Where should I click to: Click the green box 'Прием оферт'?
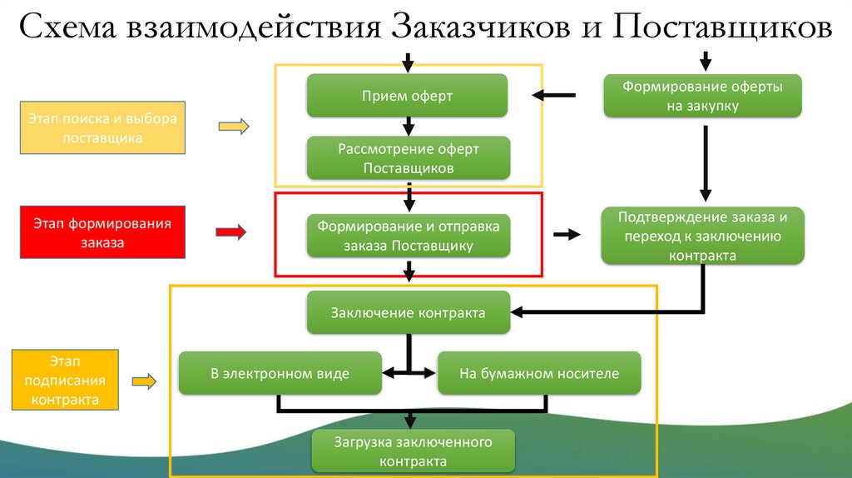pyautogui.click(x=407, y=96)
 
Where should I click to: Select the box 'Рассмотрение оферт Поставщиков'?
pyautogui.click(x=408, y=158)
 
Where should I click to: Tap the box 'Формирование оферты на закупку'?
pyautogui.click(x=702, y=96)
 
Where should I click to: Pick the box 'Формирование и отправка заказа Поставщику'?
pyautogui.click(x=408, y=235)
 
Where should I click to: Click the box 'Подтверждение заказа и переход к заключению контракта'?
pyautogui.click(x=702, y=236)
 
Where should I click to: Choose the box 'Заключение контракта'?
pyautogui.click(x=408, y=313)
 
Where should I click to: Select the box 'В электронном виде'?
pyautogui.click(x=280, y=374)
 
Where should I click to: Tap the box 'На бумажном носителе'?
pyautogui.click(x=539, y=374)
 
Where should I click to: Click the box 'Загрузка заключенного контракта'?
pyautogui.click(x=414, y=451)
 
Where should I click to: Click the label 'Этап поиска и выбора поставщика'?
pyautogui.click(x=102, y=128)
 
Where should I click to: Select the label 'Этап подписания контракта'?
pyautogui.click(x=65, y=380)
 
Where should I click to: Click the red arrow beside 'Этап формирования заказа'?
pyautogui.click(x=231, y=232)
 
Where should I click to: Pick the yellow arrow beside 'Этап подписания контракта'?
pyautogui.click(x=144, y=381)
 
